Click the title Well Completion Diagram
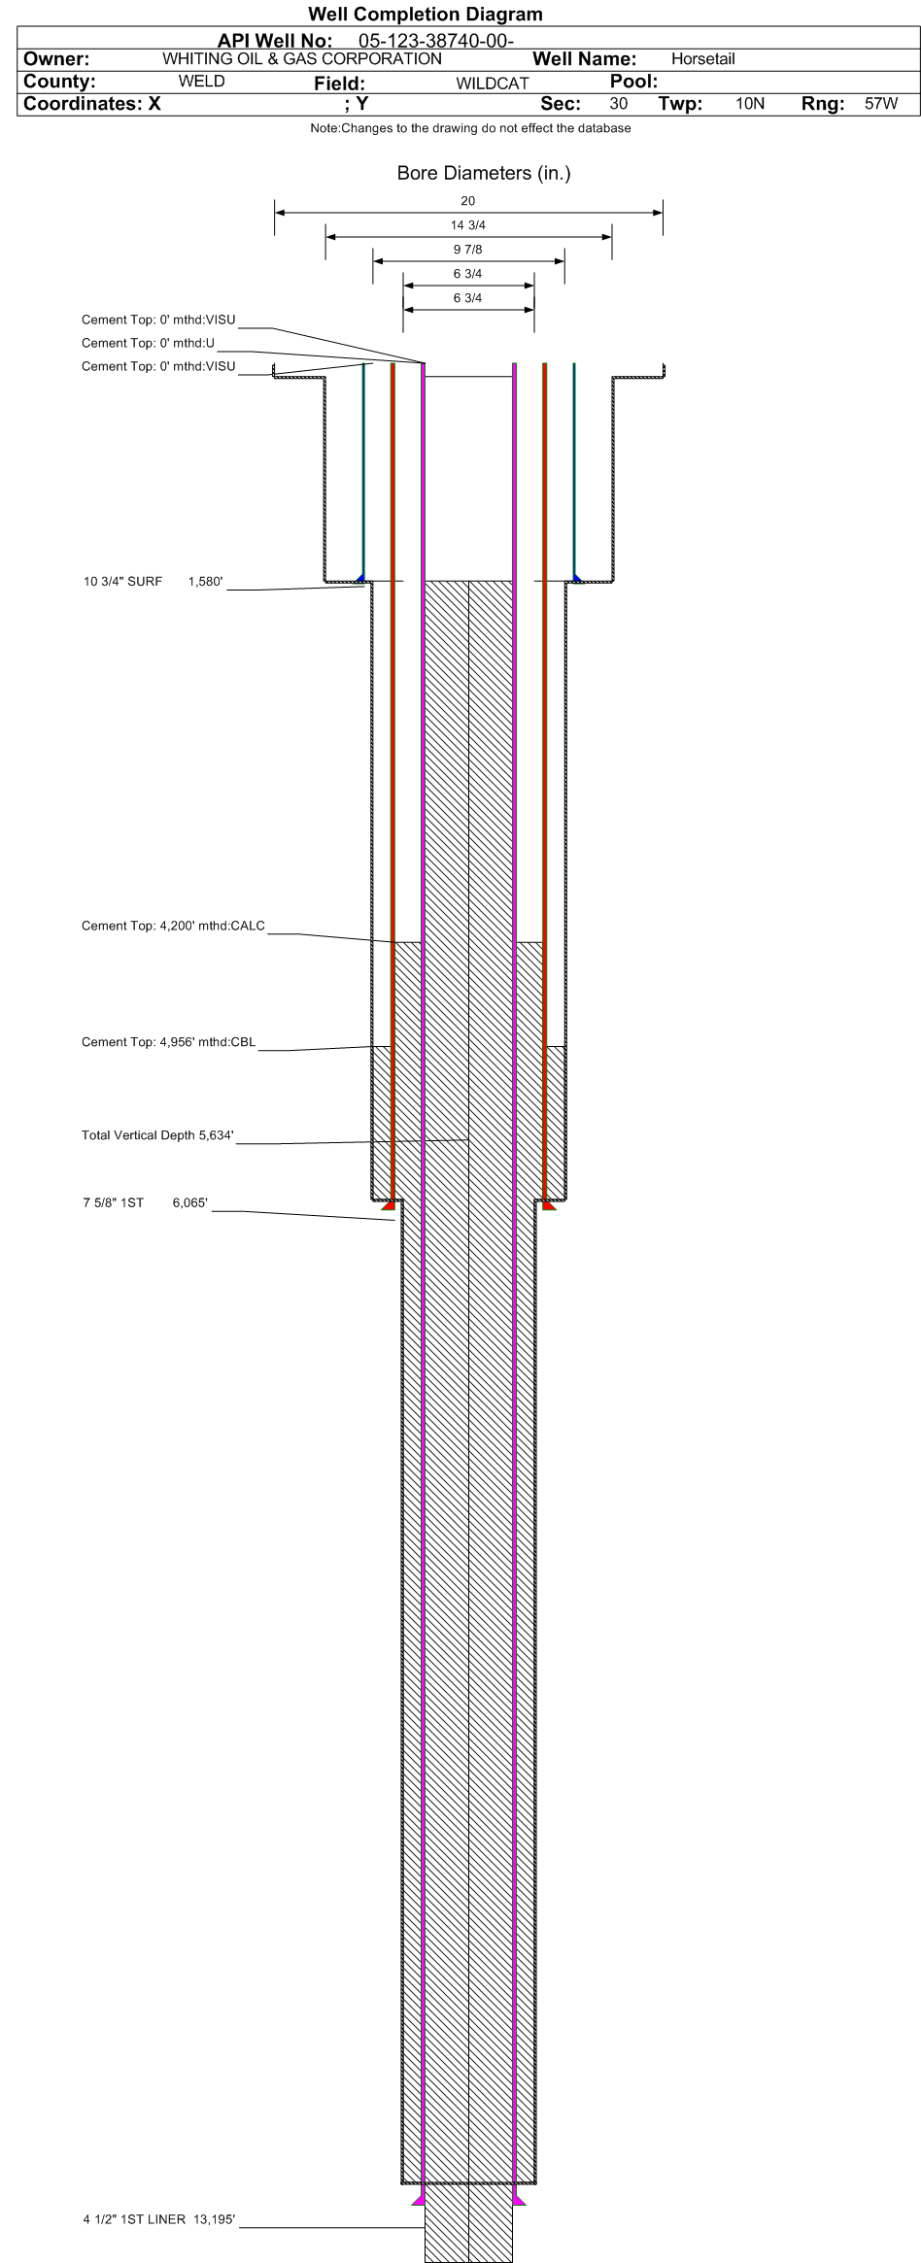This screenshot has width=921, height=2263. click(425, 15)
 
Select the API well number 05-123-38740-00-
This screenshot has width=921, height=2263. click(436, 41)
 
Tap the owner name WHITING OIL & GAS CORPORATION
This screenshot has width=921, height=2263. click(302, 59)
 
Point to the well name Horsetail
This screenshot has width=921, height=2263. click(703, 59)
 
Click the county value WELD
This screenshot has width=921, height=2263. click(202, 82)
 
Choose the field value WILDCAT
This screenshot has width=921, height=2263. click(493, 84)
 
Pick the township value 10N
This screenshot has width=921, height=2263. click(750, 104)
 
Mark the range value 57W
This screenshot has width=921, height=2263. click(881, 104)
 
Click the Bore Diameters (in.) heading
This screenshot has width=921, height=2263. click(484, 174)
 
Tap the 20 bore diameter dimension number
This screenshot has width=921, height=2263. click(468, 201)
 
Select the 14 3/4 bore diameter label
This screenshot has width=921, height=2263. click(468, 225)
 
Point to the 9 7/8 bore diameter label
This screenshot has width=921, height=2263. click(468, 250)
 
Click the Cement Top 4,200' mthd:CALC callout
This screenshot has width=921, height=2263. click(173, 926)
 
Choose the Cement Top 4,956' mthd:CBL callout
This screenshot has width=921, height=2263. click(169, 1042)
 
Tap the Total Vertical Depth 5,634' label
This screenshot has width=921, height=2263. click(158, 1135)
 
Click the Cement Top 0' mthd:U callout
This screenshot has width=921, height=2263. click(148, 343)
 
